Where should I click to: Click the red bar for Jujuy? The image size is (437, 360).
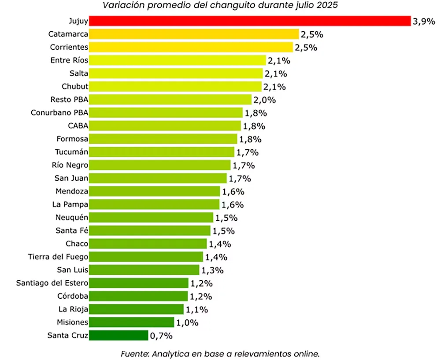pyautogui.click(x=250, y=21)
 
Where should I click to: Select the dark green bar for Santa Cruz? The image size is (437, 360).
pyautogui.click(x=119, y=336)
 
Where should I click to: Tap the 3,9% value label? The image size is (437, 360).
pyautogui.click(x=423, y=21)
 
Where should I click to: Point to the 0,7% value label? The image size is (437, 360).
pyautogui.click(x=161, y=336)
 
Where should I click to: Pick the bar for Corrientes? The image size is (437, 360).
pyautogui.click(x=191, y=47)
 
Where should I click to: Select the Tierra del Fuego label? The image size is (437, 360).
pyautogui.click(x=58, y=256)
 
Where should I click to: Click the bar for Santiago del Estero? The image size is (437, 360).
pyautogui.click(x=139, y=283)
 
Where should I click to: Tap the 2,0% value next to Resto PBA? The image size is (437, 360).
pyautogui.click(x=264, y=100)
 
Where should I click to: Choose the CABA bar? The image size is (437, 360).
pyautogui.click(x=165, y=126)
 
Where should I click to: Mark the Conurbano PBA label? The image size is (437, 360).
pyautogui.click(x=59, y=112)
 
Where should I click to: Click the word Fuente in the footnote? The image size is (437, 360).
pyautogui.click(x=133, y=353)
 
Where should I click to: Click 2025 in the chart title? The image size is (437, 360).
pyautogui.click(x=330, y=5)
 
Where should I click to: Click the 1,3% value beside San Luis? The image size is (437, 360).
pyautogui.click(x=212, y=270)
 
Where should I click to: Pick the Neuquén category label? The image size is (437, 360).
pyautogui.click(x=72, y=217)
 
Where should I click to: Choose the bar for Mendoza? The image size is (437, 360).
pyautogui.click(x=155, y=191)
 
